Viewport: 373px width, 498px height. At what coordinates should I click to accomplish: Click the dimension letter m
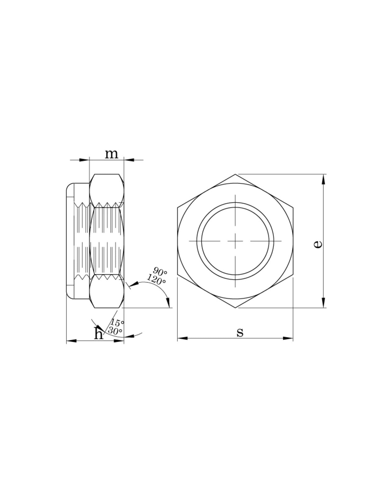tap(111, 154)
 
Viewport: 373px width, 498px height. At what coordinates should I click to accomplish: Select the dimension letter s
tap(240, 333)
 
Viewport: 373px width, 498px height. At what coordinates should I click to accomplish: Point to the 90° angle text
tap(160, 271)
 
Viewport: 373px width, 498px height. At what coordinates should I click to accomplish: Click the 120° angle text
tap(156, 279)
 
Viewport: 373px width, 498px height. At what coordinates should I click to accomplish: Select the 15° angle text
tap(117, 323)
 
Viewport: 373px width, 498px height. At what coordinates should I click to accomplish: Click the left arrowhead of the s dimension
tap(182, 338)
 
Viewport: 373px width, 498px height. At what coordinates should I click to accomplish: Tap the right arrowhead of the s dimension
tap(288, 338)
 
